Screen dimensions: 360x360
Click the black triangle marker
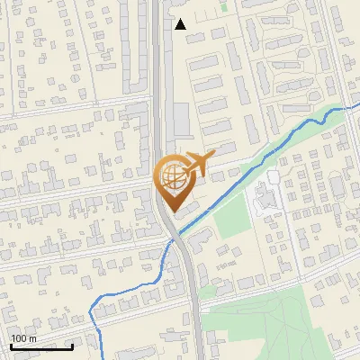(x=181, y=24)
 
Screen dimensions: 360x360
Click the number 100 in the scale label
(x=19, y=338)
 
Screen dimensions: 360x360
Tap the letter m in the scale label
(x=32, y=338)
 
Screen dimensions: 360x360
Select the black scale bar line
(x=41, y=346)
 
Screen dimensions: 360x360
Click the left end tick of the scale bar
(x=11, y=345)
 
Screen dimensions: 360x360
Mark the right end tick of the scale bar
(x=73, y=345)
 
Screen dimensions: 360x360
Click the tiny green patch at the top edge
(x=222, y=3)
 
